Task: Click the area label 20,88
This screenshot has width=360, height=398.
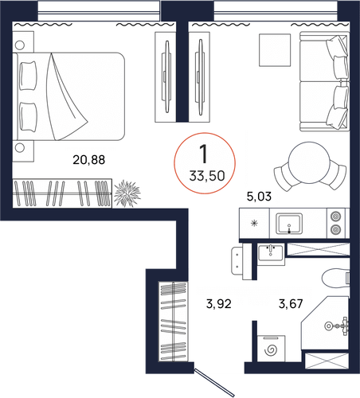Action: [x=88, y=160]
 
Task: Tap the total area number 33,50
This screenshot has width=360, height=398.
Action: [x=207, y=176]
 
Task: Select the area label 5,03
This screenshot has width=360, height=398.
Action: [x=259, y=197]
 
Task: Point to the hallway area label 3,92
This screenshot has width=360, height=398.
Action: [x=219, y=304]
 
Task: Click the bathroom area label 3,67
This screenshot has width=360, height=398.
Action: [x=291, y=304]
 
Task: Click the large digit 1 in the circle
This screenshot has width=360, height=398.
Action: [x=204, y=154]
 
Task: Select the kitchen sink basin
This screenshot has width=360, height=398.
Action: [x=289, y=224]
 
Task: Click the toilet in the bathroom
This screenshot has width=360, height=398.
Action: [x=335, y=278]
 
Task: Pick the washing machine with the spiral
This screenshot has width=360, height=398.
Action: [x=271, y=349]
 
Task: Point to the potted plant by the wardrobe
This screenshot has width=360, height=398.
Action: [x=127, y=193]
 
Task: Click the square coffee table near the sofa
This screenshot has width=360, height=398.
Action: [x=275, y=50]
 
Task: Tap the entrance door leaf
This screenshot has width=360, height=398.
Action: [x=214, y=382]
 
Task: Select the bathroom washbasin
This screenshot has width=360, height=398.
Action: [x=271, y=253]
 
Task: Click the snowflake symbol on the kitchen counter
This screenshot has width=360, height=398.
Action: [x=254, y=224]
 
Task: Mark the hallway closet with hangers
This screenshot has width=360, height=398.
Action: [x=173, y=321]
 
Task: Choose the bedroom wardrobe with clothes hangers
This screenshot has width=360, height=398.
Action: [x=62, y=193]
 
